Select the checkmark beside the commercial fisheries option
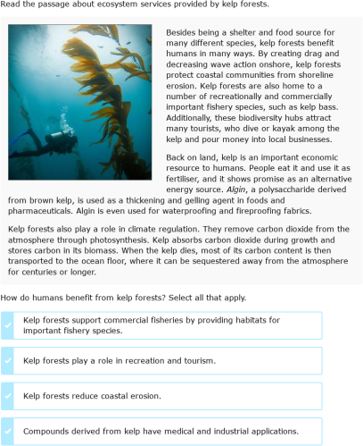8,325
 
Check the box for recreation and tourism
8,360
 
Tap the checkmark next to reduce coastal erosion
8,396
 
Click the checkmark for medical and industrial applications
8,431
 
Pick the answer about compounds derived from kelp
161,431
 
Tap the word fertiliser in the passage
187,179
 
